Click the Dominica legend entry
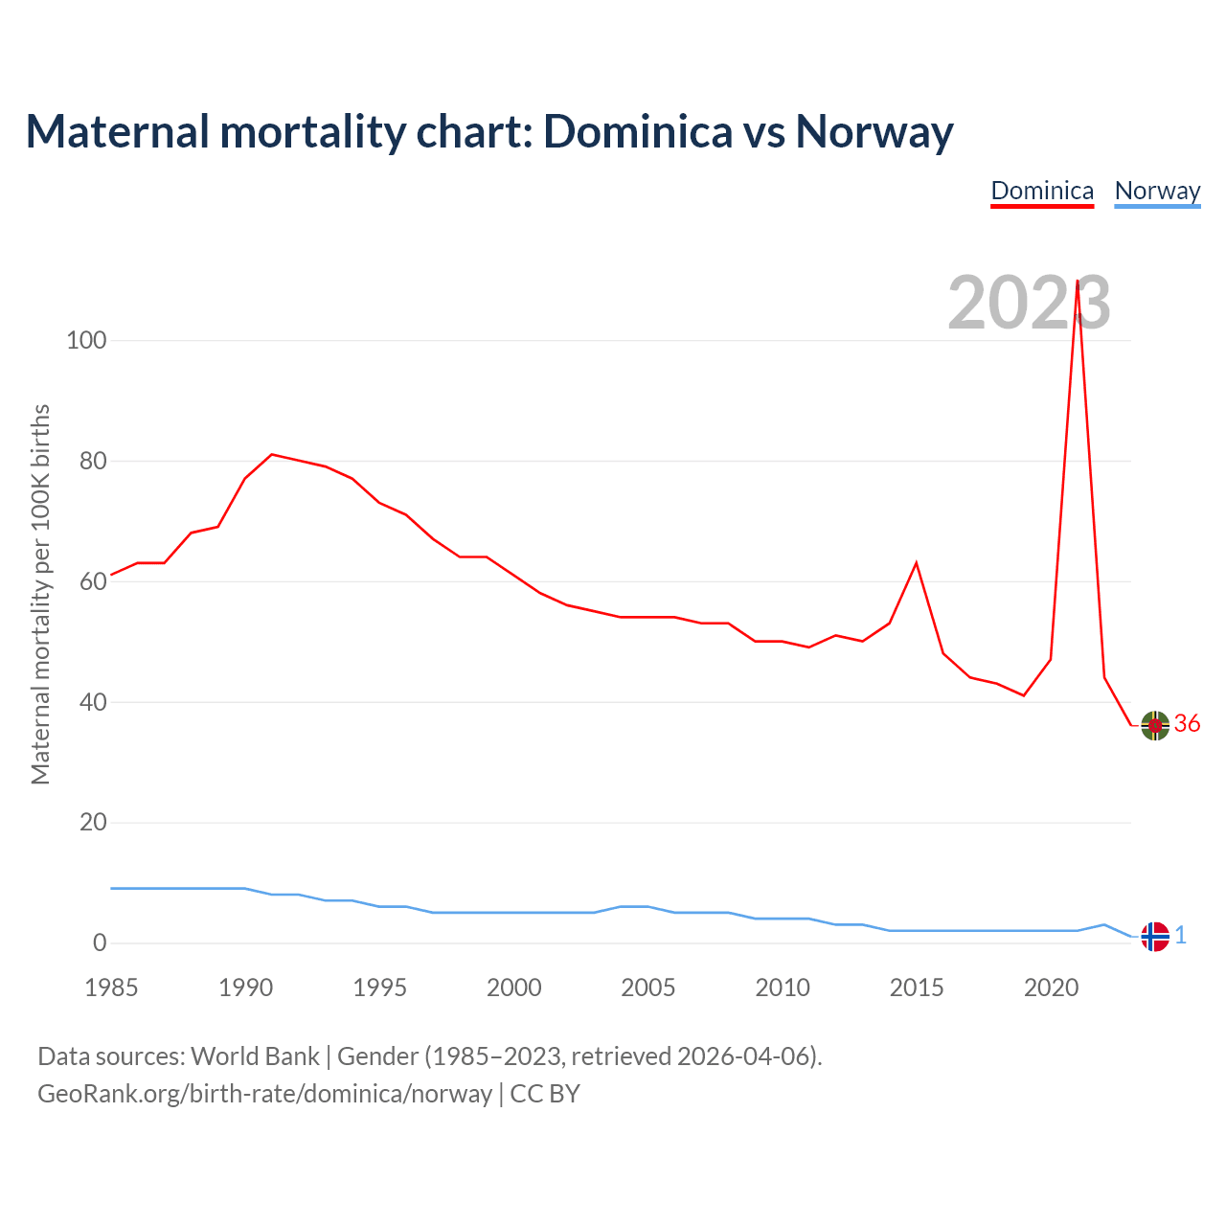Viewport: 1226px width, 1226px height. coord(1042,191)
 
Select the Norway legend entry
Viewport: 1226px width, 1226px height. coord(1157,191)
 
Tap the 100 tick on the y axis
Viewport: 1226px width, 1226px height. coord(86,340)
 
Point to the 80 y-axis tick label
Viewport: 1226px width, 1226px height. coord(87,461)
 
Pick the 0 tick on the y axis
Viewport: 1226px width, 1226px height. coord(100,942)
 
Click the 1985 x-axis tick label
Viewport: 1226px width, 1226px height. coord(111,988)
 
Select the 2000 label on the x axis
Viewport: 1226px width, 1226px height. coord(514,988)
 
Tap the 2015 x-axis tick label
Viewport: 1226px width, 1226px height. coord(917,988)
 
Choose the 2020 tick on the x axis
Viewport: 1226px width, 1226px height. coord(1051,988)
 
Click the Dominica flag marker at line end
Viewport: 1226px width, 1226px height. coord(1155,725)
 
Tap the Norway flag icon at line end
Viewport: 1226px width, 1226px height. coord(1155,936)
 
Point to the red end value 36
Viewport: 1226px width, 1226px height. coord(1187,724)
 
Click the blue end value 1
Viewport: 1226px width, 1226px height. coord(1181,936)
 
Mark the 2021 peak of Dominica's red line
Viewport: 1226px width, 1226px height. coord(1078,282)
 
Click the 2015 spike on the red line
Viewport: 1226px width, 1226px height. coord(917,562)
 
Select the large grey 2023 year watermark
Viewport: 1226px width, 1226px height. coord(1029,303)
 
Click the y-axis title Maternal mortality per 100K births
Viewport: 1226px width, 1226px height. coord(40,594)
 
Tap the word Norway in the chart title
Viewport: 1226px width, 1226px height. coord(874,132)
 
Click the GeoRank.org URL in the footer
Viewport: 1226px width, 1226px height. coord(264,1094)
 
